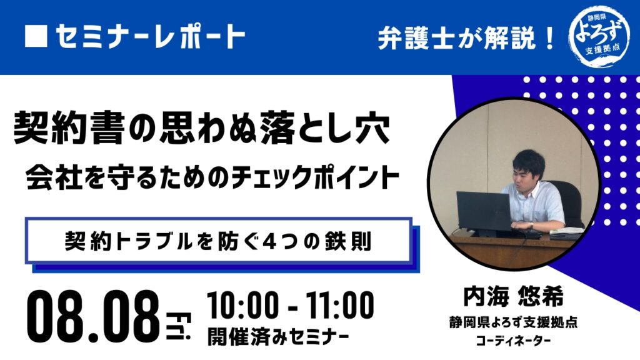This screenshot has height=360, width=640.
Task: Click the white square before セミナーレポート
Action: tap(36, 36)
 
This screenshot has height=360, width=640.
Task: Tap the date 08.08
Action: tap(94, 317)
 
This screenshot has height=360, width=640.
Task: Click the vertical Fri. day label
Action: tap(179, 326)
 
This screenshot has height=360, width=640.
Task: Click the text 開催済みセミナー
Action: tap(278, 337)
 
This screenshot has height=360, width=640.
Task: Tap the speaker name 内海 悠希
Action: tap(514, 296)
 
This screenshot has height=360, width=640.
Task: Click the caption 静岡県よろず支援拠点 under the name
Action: tap(514, 322)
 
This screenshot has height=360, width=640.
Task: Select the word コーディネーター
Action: tap(514, 341)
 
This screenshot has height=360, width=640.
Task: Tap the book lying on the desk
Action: tap(567, 232)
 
